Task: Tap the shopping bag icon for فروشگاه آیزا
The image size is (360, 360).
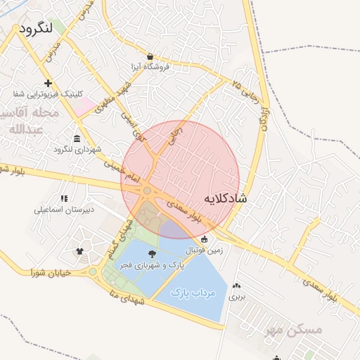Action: tap(150, 56)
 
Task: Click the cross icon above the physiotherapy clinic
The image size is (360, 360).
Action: tap(48, 83)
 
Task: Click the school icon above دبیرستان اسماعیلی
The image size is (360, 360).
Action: tap(64, 199)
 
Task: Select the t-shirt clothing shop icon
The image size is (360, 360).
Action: tap(79, 252)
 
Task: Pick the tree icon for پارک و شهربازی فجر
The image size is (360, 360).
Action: tap(153, 254)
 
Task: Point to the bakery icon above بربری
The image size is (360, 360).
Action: tap(236, 286)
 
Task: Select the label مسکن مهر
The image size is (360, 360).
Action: tap(295, 329)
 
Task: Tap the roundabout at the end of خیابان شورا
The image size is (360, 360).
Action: tap(93, 272)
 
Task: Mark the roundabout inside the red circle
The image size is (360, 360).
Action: tap(147, 191)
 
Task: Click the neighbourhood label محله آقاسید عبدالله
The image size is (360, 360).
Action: tap(31, 121)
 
